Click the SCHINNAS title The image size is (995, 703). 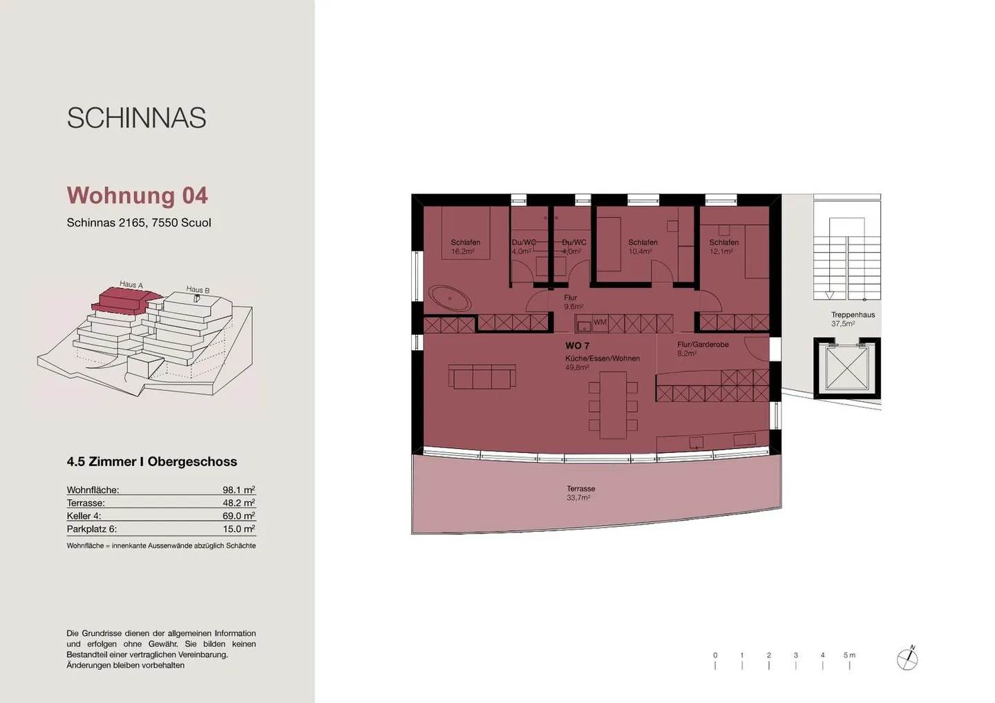coord(136,118)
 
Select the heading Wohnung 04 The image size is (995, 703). coord(137,195)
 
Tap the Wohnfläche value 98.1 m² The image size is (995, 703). coord(238,490)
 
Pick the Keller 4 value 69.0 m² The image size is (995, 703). coord(238,516)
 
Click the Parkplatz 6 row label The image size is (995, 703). coord(92,529)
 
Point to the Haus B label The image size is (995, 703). coord(198,289)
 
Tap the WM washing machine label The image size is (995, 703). coord(600,322)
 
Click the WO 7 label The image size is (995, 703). coord(577,345)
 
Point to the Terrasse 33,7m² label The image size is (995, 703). coord(580,493)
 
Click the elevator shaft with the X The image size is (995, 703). coord(846,367)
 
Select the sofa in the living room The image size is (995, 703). coord(482,377)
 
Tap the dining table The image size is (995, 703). coord(612,405)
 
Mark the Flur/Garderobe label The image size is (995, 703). coord(703,345)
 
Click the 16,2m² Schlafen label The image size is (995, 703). coord(465,247)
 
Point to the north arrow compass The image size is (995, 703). coord(907,659)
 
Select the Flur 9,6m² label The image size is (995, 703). coord(573,302)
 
